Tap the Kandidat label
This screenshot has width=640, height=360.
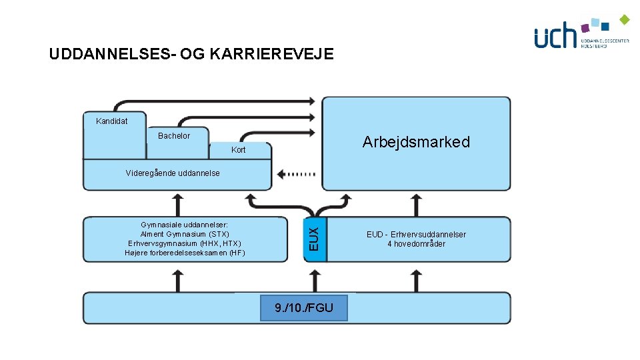tap(111, 121)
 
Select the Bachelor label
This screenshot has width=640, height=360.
tap(174, 136)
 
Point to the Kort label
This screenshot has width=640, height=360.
tap(238, 150)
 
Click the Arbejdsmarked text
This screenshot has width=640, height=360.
tap(416, 142)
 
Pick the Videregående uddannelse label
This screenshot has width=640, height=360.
tap(173, 173)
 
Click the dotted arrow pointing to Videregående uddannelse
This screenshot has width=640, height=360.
tap(297, 174)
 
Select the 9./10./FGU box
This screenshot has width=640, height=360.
tap(303, 307)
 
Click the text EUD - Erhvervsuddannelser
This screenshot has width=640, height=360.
tap(416, 235)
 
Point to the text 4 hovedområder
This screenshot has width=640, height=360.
tap(416, 244)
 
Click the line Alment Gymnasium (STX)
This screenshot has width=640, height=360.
tap(185, 235)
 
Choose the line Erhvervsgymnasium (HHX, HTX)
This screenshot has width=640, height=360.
tap(185, 243)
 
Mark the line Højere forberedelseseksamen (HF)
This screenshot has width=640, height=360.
tap(185, 253)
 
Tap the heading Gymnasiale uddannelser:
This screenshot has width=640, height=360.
tap(185, 225)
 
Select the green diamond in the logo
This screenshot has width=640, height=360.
tap(624, 19)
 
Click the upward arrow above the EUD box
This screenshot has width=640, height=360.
tap(416, 203)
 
